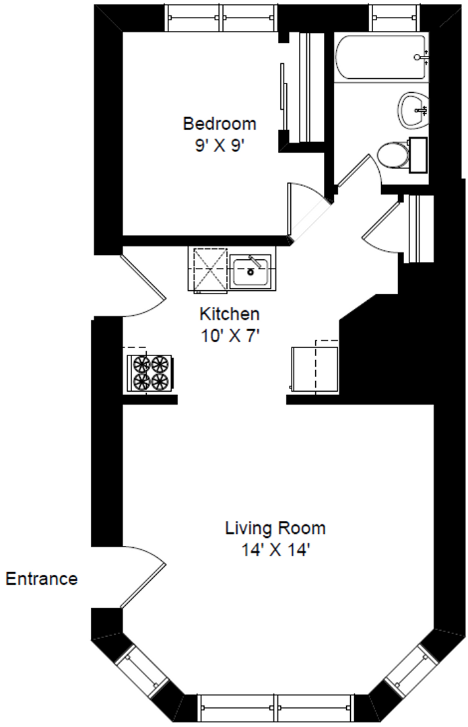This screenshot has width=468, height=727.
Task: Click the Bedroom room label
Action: click(220, 124)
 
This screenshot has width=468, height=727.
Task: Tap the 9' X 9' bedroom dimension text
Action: click(220, 146)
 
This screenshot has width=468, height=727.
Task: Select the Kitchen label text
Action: click(230, 314)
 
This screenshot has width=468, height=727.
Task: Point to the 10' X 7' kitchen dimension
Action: click(230, 335)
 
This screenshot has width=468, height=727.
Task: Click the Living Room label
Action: click(275, 528)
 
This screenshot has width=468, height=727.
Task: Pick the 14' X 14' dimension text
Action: click(275, 550)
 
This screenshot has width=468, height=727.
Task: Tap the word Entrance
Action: click(42, 579)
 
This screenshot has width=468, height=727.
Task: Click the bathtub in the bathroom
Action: click(381, 57)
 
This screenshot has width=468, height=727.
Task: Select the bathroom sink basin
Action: click(413, 110)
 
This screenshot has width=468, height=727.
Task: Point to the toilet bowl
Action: click(393, 155)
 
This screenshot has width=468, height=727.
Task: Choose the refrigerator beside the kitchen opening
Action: click(314, 369)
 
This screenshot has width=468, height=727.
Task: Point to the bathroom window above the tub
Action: click(395, 18)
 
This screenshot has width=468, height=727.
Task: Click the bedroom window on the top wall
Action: click(222, 18)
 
